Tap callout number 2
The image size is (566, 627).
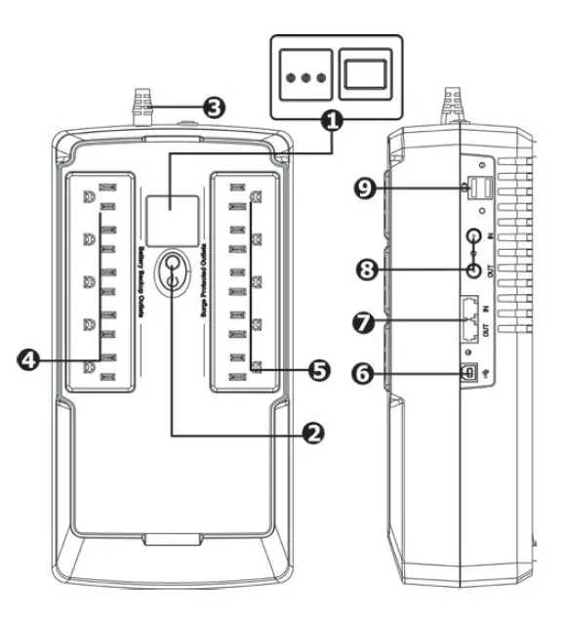(x=311, y=433)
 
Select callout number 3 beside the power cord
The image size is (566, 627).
(x=212, y=107)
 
